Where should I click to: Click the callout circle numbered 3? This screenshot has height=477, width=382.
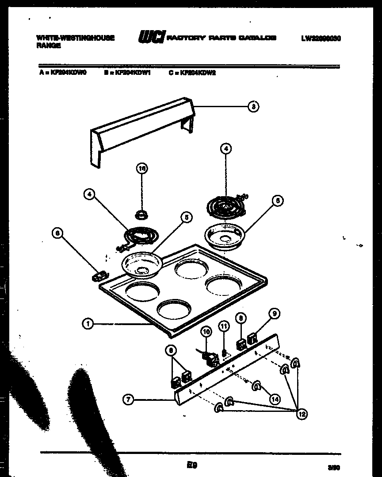pos(253,106)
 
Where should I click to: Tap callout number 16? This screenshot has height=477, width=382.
pos(141,168)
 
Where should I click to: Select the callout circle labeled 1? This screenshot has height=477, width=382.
pos(88,324)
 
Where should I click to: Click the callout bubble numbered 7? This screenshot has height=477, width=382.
pos(128,400)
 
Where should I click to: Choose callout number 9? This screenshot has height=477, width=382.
pos(274,314)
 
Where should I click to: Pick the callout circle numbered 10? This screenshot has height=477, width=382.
pos(206,331)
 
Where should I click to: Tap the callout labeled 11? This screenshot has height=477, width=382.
pos(224,326)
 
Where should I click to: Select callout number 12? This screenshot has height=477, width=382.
pos(302,414)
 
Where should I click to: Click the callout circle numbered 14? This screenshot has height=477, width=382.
pos(275,399)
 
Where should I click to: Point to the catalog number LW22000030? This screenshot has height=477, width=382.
pos(321,39)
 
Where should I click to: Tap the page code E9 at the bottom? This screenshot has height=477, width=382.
pos(191,465)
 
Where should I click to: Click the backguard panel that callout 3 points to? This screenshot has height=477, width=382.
pos(141,128)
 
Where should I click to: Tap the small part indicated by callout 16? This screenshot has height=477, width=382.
pos(141,215)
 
